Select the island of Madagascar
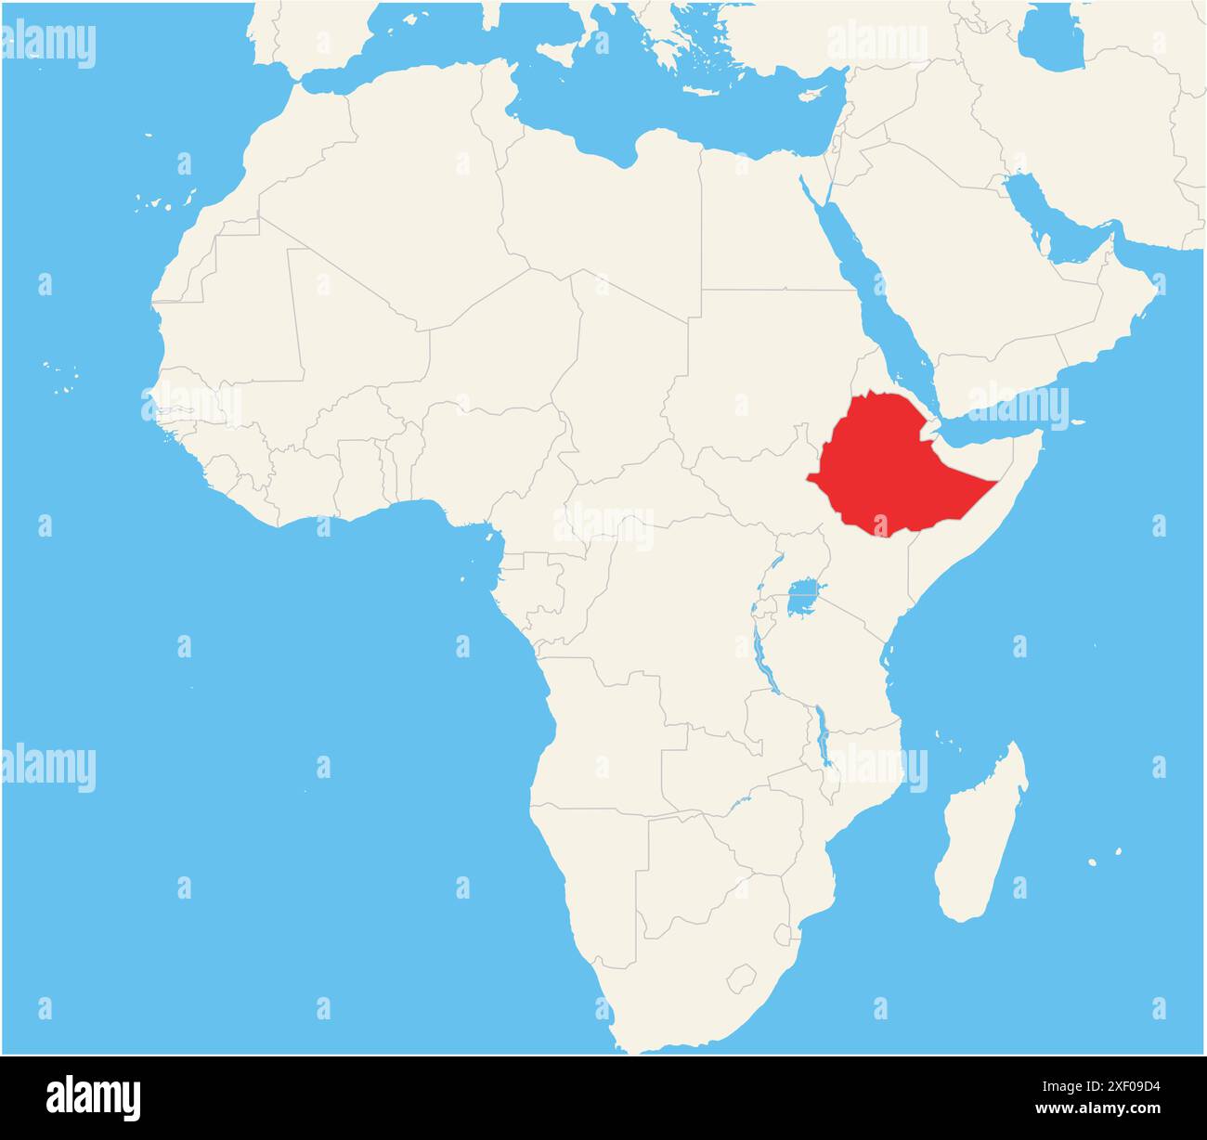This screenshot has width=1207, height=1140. tap(980, 836)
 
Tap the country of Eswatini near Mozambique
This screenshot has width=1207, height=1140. tap(783, 932)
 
